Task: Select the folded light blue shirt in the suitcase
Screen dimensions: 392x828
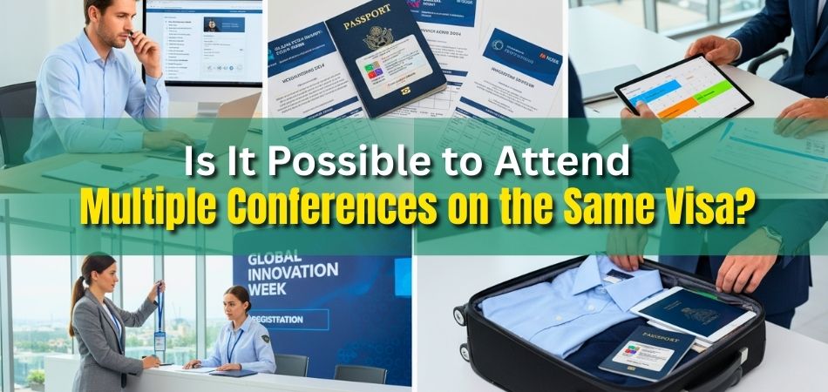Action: [x=558, y=301]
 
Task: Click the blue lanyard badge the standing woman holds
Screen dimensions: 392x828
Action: [x=159, y=341]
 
